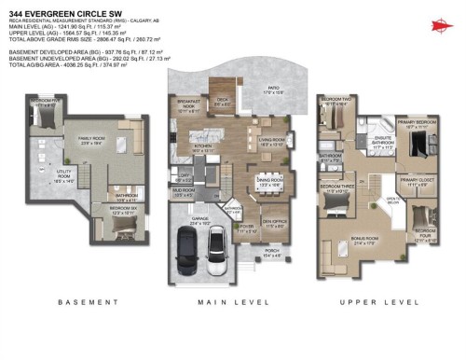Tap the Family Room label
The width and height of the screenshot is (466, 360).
[90, 142]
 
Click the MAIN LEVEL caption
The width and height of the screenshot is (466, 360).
[225, 303]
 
